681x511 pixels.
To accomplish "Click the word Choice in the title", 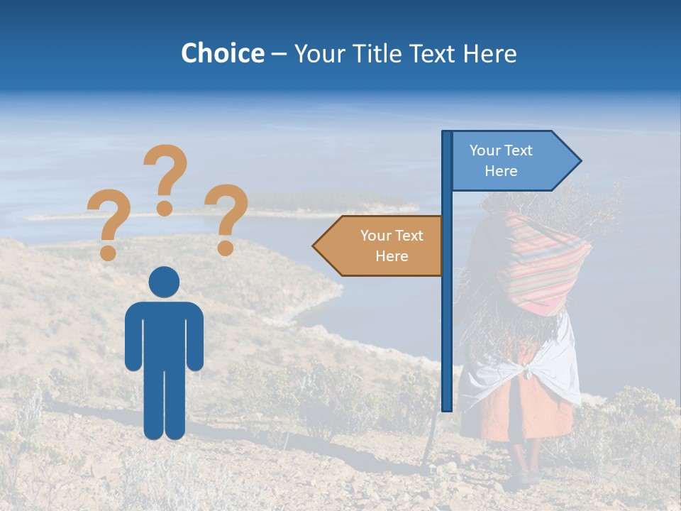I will coord(222,53).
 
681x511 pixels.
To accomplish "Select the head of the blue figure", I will coord(164,282).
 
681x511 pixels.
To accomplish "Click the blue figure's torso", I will coord(164,334).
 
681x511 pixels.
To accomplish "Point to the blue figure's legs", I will coord(164,405).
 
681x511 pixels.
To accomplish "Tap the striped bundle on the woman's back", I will coord(543,263).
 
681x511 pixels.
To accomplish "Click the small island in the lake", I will coord(333,202).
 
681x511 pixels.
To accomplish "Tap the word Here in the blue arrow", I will coord(501,171).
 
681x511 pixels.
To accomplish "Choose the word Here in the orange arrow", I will coord(392,256).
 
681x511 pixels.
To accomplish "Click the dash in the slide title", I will coord(279,54).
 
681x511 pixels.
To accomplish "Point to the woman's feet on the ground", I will coord(525,476).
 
